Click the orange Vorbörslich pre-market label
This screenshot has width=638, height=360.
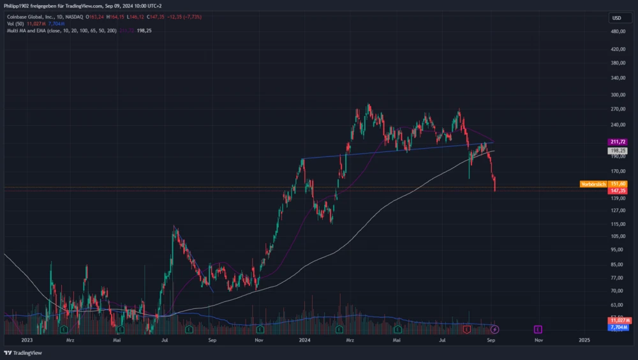(593, 184)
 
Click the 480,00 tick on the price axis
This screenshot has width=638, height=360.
(618, 31)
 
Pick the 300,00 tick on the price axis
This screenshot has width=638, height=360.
(618, 94)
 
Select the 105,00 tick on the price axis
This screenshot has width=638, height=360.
(618, 236)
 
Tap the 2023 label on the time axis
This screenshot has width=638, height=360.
(26, 340)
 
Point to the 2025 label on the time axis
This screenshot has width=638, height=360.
(584, 340)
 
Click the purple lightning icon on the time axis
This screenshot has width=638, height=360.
(494, 329)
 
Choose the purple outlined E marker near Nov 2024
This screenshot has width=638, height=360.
(538, 329)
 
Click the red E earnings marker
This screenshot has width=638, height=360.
(467, 329)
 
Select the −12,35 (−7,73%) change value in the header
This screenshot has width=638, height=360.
(183, 17)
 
